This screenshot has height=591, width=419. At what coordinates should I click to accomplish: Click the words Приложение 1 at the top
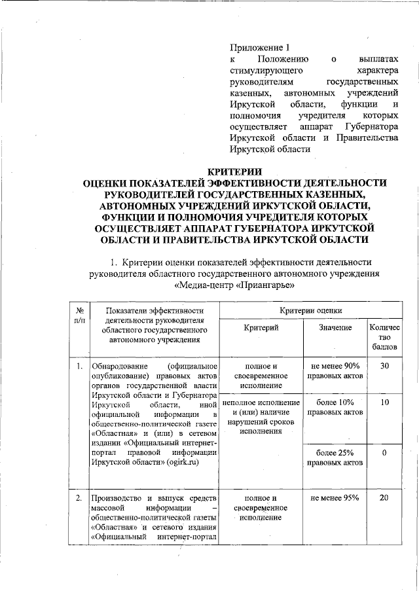[x=259, y=47]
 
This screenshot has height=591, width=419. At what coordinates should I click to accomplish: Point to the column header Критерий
[x=261, y=327]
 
